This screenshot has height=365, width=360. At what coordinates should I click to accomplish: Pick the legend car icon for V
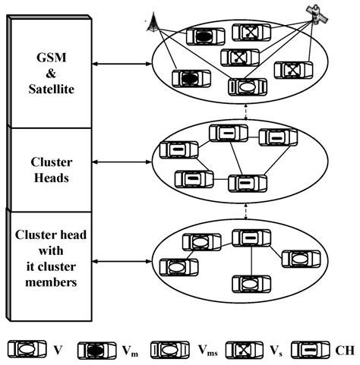click(x=25, y=350)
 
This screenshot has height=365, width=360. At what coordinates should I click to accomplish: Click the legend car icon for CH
click(x=308, y=350)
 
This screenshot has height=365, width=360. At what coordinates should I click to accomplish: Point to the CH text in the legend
click(x=343, y=351)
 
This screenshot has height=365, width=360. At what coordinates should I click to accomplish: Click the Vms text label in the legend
click(x=203, y=351)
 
